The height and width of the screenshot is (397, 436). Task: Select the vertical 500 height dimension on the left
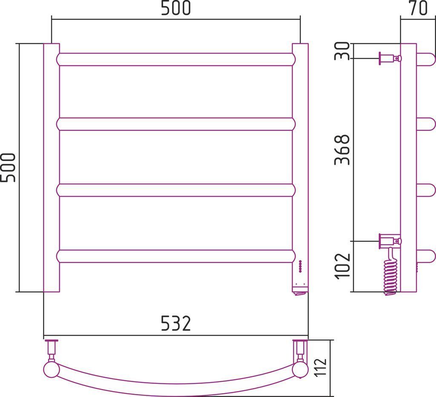pyautogui.click(x=8, y=167)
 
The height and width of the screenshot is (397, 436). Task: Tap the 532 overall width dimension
pyautogui.click(x=176, y=323)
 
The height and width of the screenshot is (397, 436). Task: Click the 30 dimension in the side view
pyautogui.click(x=342, y=51)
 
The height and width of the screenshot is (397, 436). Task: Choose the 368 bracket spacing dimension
pyautogui.click(x=342, y=150)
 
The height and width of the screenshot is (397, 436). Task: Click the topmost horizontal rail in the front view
pyautogui.click(x=176, y=60)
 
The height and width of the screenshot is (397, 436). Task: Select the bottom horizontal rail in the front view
pyautogui.click(x=176, y=256)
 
